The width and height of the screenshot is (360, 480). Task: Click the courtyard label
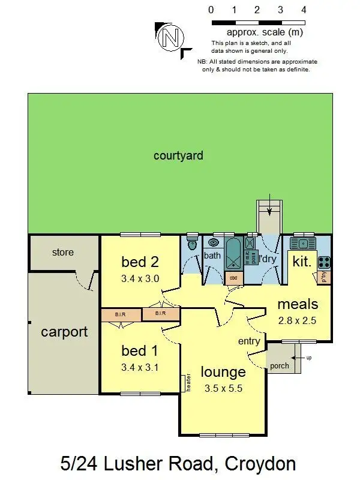178,156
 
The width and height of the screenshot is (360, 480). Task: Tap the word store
62,252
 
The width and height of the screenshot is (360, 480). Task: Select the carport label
64,332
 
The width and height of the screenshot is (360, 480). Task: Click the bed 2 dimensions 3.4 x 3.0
140,278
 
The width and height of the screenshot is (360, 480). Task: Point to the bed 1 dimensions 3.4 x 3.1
140,367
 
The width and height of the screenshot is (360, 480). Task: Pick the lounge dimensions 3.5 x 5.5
223,388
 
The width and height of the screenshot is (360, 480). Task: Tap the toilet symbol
192,244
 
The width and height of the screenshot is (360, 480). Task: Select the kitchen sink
303,244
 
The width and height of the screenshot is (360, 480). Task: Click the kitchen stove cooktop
323,262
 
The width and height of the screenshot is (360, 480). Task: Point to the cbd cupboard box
232,278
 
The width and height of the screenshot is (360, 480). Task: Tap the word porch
279,365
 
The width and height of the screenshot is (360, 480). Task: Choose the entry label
250,341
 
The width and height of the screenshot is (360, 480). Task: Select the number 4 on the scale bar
304,10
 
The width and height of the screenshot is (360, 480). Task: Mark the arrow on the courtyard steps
269,210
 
